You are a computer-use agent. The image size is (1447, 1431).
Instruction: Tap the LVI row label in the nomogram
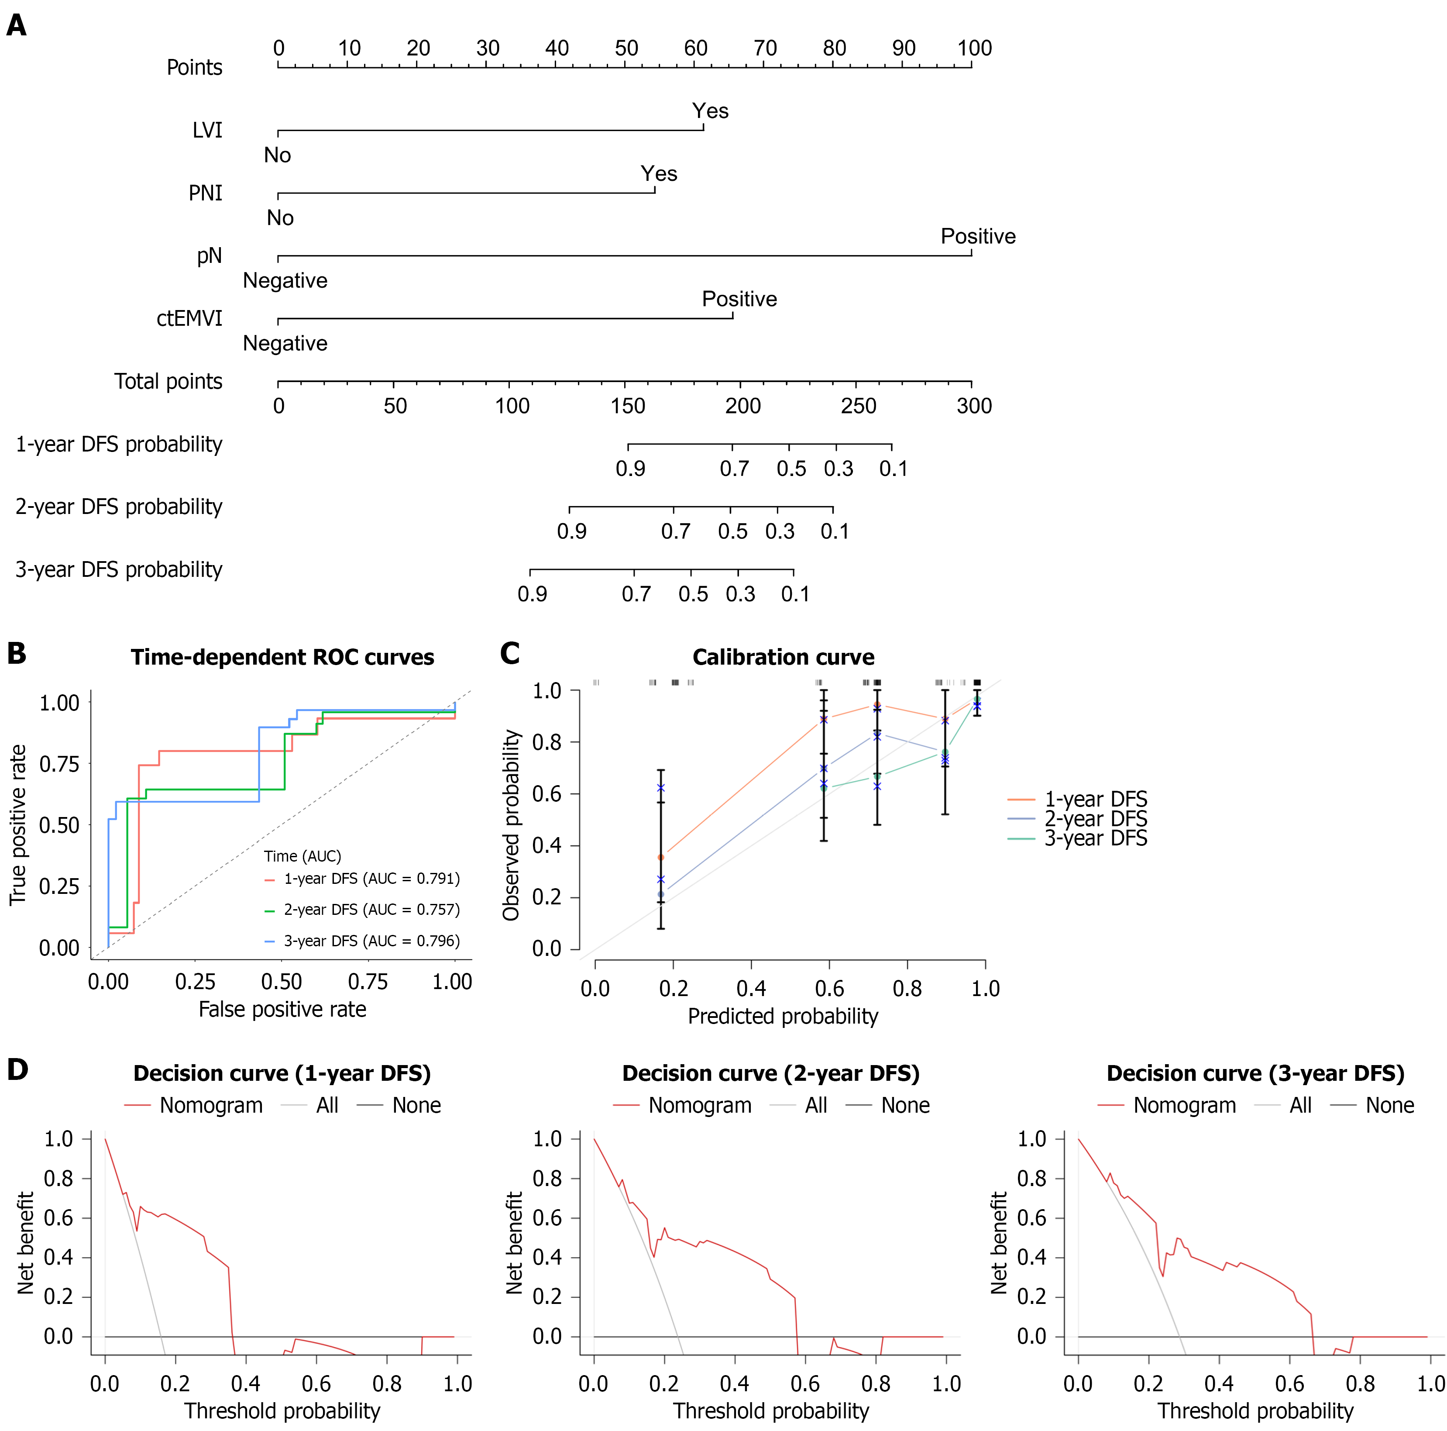point(207,131)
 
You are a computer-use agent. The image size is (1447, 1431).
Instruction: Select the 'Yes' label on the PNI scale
point(658,174)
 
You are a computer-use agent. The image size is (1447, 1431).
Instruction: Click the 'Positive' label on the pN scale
point(977,237)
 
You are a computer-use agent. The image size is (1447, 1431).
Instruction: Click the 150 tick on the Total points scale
point(628,406)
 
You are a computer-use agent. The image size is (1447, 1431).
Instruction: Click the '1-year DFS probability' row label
point(119,444)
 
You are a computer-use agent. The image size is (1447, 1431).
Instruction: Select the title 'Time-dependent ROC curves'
point(282,657)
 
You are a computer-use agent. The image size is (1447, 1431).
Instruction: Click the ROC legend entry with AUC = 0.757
point(371,910)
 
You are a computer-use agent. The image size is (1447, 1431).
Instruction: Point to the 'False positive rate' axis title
point(282,1009)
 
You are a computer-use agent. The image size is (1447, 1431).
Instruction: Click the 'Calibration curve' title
point(783,657)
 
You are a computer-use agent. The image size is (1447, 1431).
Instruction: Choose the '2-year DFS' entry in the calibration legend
point(1095,819)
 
